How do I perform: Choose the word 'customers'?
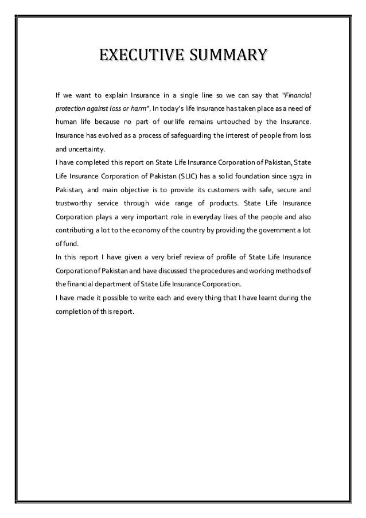[231, 191]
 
